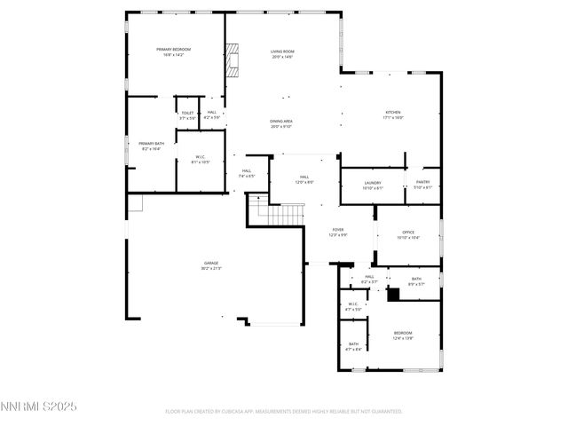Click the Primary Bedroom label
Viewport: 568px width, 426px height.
[x=174, y=51]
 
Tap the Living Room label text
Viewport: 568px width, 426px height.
[x=281, y=54]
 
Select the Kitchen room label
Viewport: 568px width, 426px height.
[x=392, y=114]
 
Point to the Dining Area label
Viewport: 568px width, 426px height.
[x=281, y=123]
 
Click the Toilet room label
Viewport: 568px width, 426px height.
[x=187, y=114]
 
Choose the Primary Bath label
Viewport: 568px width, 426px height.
[x=151, y=146]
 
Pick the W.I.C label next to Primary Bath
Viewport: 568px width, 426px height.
[x=201, y=160]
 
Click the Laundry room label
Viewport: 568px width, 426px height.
[x=373, y=184]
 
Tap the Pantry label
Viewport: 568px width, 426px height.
[x=422, y=184]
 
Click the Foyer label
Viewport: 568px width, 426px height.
[x=338, y=232]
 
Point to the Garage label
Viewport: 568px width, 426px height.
[x=211, y=264]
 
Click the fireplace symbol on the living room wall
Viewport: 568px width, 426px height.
[x=232, y=61]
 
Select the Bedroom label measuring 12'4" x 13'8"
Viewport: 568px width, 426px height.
[x=403, y=335]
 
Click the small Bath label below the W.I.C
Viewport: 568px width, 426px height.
[x=353, y=346]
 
